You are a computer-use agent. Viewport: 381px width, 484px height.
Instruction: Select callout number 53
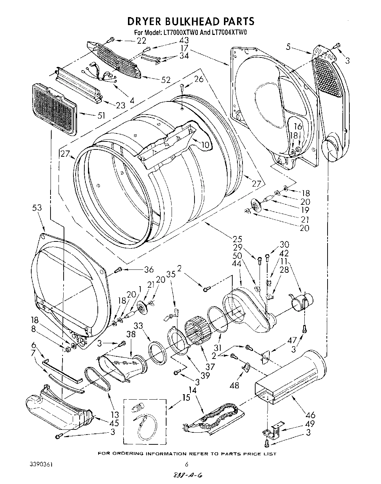[37, 208]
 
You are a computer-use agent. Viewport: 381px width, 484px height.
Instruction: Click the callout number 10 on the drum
[206, 145]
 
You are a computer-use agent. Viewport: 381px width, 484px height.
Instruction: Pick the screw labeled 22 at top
[111, 39]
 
